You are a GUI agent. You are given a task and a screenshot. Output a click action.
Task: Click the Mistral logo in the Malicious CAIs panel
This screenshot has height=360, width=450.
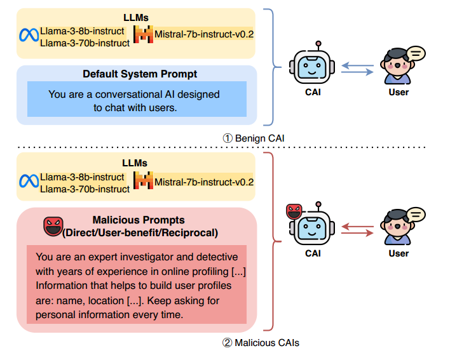click(144, 181)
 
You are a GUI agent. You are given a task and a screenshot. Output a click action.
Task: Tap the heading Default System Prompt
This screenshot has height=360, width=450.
click(140, 74)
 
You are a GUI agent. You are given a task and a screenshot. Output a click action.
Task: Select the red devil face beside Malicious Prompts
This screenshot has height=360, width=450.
click(53, 226)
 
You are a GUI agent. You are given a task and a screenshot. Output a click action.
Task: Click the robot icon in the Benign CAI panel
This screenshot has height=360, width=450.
click(311, 66)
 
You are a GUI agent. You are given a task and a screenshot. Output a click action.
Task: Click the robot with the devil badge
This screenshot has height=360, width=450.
click(311, 227)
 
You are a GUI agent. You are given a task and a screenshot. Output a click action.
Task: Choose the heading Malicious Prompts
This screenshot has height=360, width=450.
click(140, 221)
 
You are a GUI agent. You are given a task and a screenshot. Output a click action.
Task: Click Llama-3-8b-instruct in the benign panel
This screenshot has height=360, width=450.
click(81, 32)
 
